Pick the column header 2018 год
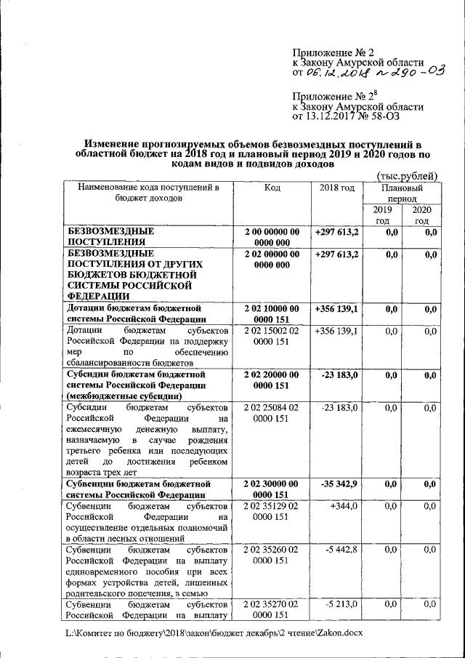click(337, 188)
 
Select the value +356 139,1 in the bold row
click(337, 308)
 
